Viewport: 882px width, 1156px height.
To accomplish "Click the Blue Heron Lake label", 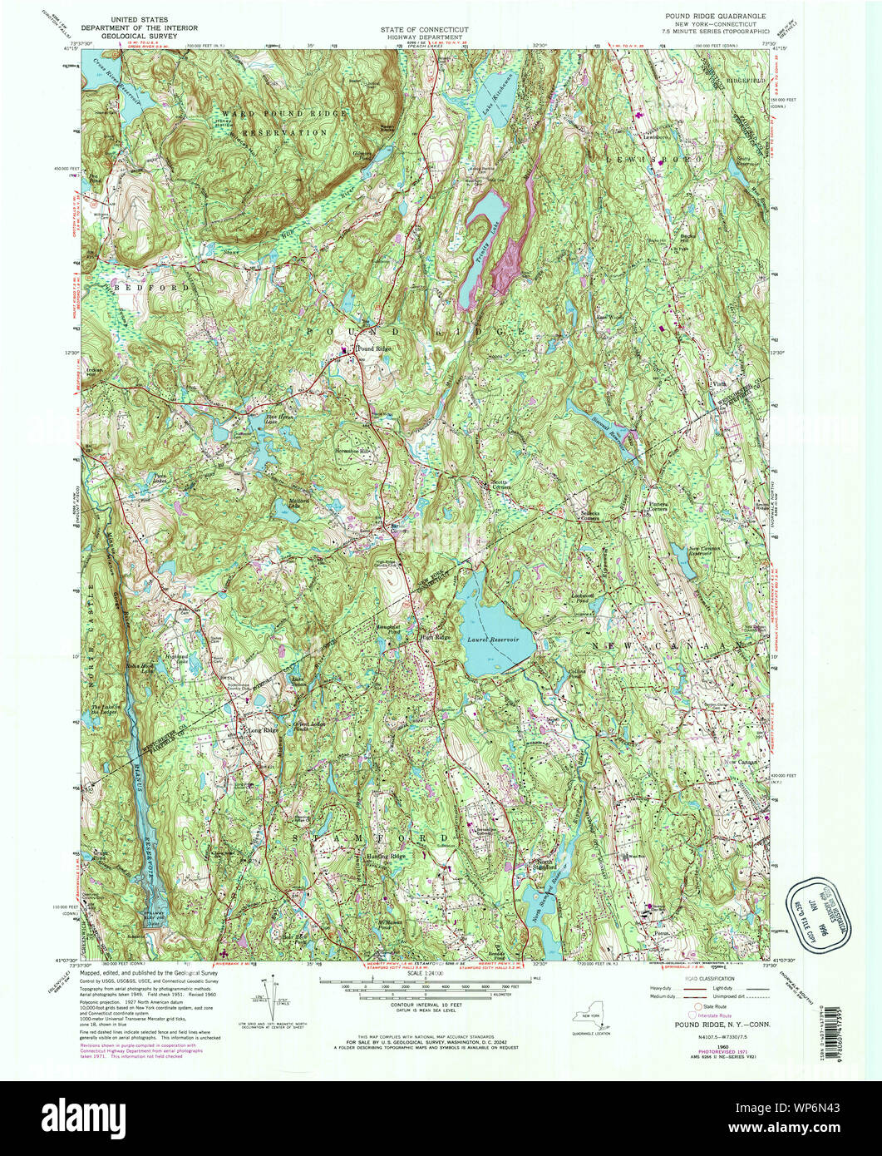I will pos(253,419).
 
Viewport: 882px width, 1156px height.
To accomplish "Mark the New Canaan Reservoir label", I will pos(708,552).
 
